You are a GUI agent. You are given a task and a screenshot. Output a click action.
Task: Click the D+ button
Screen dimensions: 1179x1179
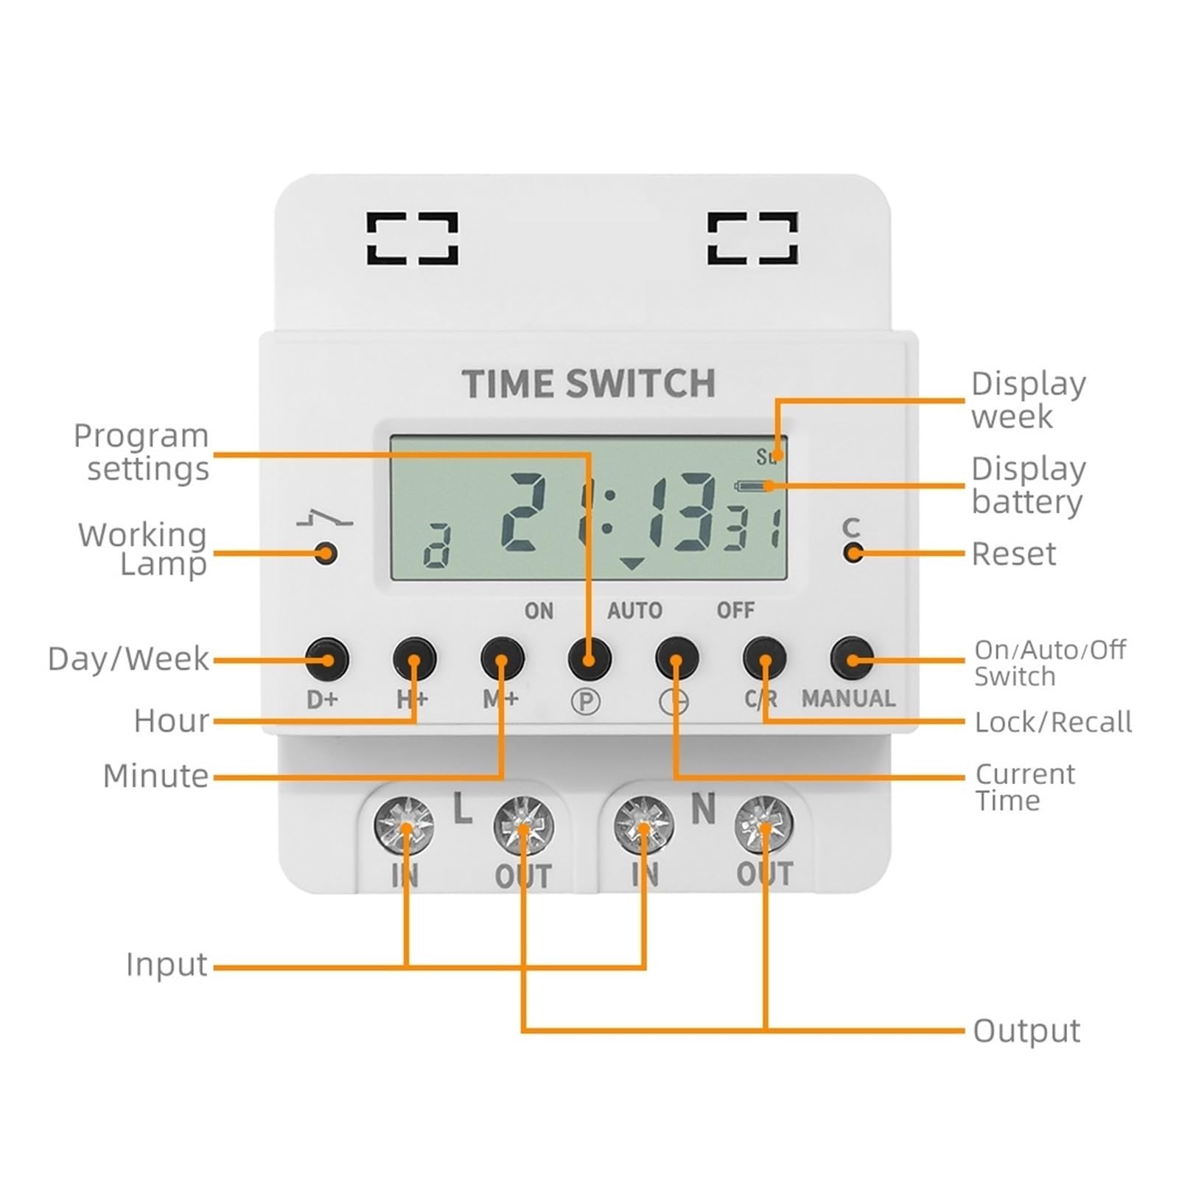(327, 658)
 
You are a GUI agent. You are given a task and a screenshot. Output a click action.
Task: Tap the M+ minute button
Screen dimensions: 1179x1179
(502, 658)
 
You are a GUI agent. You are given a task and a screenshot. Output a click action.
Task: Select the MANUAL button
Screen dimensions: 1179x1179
(852, 658)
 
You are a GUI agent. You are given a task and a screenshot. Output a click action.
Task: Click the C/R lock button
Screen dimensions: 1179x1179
(764, 658)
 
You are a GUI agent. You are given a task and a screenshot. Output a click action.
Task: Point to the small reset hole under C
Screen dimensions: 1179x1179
(853, 553)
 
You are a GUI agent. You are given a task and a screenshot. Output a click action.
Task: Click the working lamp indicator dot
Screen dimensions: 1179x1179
(326, 553)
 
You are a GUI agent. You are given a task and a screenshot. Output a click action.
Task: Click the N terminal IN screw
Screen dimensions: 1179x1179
(644, 825)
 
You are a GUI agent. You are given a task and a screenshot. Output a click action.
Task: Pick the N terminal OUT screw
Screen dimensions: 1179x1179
(764, 825)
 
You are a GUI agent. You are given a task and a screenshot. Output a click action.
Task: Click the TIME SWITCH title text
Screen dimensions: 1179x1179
(588, 384)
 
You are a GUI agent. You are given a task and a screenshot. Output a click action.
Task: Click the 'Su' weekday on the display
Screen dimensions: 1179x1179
(766, 457)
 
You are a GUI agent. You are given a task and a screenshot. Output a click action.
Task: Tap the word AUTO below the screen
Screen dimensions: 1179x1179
(634, 611)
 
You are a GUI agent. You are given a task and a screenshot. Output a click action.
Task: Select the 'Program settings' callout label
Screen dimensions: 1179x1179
(141, 452)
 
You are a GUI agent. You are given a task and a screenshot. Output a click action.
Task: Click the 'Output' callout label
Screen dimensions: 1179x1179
(1026, 1030)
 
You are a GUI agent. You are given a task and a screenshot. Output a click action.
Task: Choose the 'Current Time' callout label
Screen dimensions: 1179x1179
(1024, 787)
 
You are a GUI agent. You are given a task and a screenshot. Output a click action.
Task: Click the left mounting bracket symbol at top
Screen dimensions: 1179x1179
(413, 238)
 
